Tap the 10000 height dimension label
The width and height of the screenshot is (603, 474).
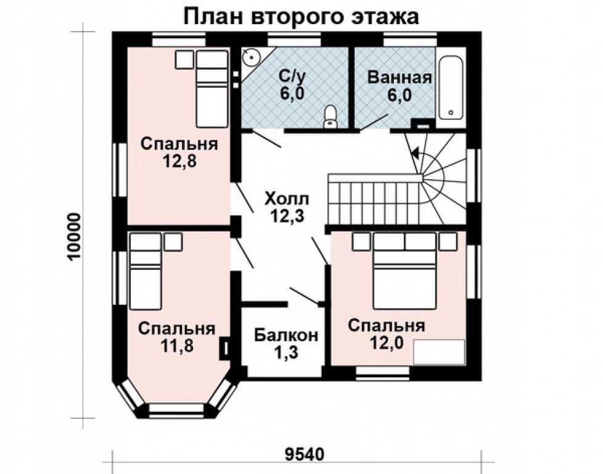pos(73,237)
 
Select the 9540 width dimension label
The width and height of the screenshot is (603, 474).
pos(304,455)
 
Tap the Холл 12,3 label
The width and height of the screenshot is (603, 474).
pos(287,207)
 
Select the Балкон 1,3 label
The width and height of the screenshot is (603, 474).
pos(286,344)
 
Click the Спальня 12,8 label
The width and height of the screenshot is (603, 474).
pos(179,152)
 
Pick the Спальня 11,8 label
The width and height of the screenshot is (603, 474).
pos(176,337)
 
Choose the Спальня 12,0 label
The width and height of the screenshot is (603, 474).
pos(386,334)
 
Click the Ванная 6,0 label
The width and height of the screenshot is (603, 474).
pos(398,86)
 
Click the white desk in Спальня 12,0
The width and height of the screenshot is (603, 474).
pos(439,352)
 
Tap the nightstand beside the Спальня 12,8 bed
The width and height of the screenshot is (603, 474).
pos(184,60)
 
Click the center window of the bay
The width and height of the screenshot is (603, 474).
pos(177,410)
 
